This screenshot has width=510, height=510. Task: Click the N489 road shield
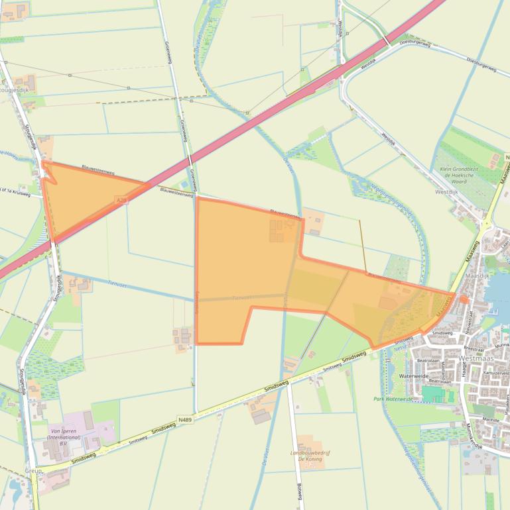click(x=186, y=420)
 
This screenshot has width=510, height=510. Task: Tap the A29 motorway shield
click(x=121, y=199)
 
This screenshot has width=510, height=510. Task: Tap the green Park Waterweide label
click(x=393, y=399)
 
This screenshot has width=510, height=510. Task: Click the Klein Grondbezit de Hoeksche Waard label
click(x=464, y=176)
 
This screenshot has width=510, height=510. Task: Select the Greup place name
click(x=32, y=470)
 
